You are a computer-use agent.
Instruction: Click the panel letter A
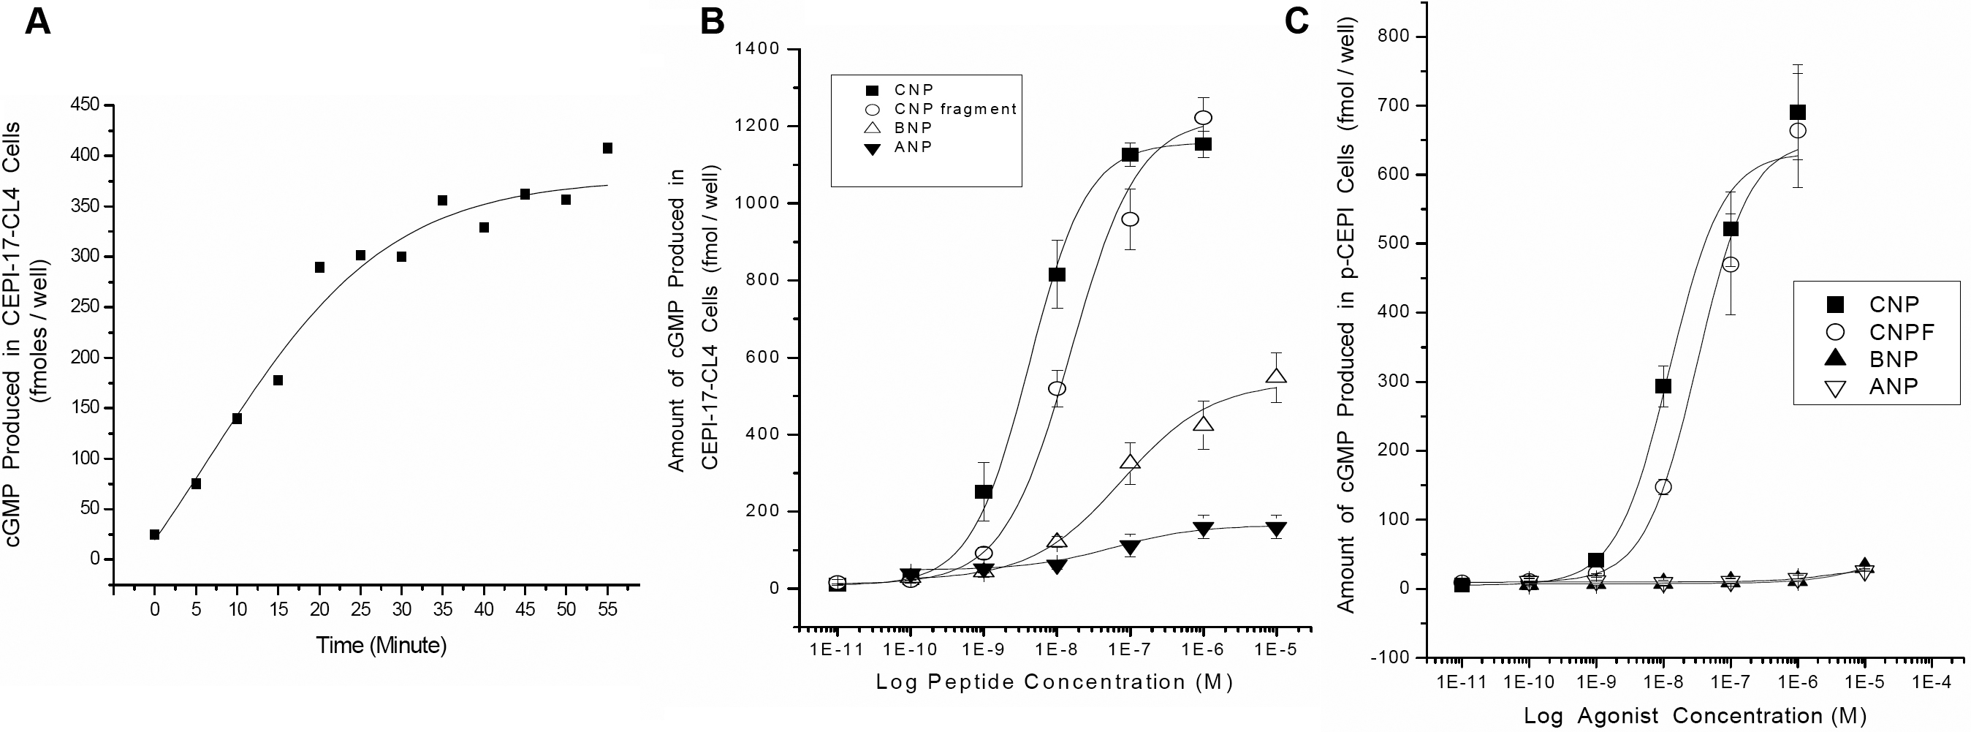coord(38,22)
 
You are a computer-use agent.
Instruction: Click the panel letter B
coord(713,22)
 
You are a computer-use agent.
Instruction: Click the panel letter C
coord(1296,20)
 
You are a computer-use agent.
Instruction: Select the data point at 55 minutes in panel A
coord(607,148)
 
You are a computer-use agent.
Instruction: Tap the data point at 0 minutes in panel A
coord(154,535)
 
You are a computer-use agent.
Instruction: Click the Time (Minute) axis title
coord(381,646)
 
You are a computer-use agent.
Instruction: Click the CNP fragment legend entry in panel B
coord(955,109)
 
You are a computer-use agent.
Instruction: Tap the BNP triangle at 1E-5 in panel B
coord(1276,376)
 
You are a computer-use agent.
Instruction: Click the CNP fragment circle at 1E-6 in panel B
coord(1204,118)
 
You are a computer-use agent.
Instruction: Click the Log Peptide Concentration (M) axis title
coord(1054,682)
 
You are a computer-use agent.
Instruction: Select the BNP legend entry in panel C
coord(1893,359)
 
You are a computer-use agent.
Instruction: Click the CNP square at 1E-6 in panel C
coord(1797,113)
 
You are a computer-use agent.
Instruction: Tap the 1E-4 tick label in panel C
coord(1932,680)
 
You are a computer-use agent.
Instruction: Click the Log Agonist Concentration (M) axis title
coord(1691,715)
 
